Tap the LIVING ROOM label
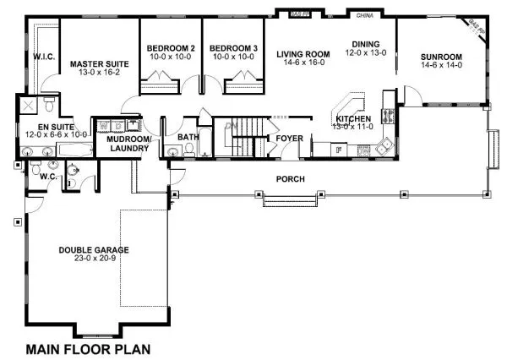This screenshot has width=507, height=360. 303,54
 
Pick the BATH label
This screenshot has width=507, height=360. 188,137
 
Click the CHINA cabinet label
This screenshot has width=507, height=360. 365,15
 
